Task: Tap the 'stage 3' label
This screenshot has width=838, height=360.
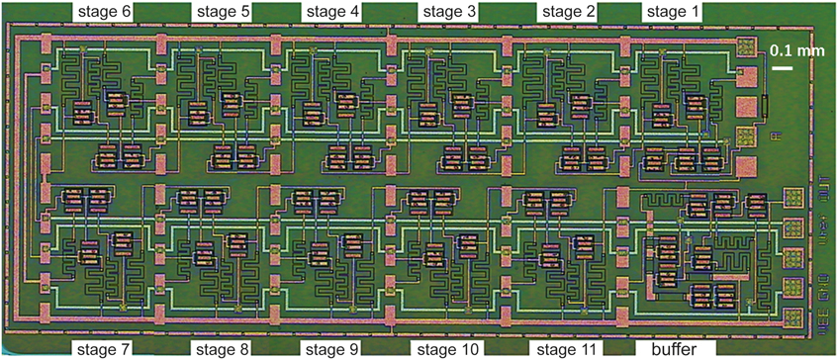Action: (x=450, y=11)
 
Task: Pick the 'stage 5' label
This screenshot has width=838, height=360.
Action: (x=219, y=11)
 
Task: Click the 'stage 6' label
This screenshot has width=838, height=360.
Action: (x=105, y=11)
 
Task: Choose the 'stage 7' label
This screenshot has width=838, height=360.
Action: (x=104, y=349)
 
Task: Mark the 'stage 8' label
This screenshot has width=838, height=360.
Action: (x=219, y=349)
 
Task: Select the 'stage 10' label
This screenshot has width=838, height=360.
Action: (x=450, y=349)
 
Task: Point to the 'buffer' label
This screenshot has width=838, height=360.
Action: (x=675, y=349)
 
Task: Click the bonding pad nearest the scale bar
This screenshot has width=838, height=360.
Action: (x=747, y=46)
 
